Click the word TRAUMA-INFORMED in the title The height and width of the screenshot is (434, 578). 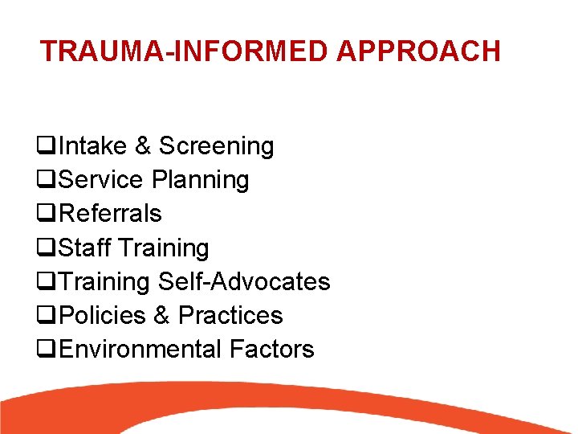click(185, 51)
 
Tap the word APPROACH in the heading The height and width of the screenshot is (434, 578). click(418, 51)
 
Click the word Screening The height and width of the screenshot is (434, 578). click(216, 146)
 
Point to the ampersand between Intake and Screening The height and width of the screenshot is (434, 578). click(143, 146)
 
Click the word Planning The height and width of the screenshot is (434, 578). click(200, 180)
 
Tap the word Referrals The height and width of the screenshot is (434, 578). click(111, 214)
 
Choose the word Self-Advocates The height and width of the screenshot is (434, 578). click(244, 281)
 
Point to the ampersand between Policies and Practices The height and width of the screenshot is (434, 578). click(161, 315)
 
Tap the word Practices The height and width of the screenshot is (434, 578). click(230, 315)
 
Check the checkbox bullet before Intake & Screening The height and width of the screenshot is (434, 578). click(46, 147)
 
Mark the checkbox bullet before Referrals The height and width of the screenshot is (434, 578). click(46, 215)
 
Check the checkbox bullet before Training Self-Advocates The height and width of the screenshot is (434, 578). click(46, 282)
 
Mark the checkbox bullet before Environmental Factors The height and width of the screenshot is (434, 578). click(46, 350)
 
